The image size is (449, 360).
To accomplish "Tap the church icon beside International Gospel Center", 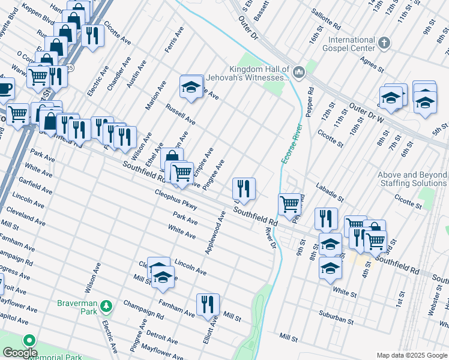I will pyautogui.click(x=385, y=43).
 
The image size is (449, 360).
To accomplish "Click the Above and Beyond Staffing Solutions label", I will pyautogui.click(x=412, y=179).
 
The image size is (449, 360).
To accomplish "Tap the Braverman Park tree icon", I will pyautogui.click(x=106, y=307).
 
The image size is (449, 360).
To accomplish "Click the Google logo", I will pyautogui.click(x=20, y=353).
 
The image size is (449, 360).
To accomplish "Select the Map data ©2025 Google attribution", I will pyautogui.click(x=411, y=355).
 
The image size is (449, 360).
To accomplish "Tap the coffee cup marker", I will pyautogui.click(x=5, y=89).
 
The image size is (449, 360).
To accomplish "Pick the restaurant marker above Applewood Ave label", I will pyautogui.click(x=244, y=188).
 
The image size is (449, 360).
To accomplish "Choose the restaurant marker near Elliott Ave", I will pyautogui.click(x=208, y=304).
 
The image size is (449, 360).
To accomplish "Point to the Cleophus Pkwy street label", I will pyautogui.click(x=176, y=199).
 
